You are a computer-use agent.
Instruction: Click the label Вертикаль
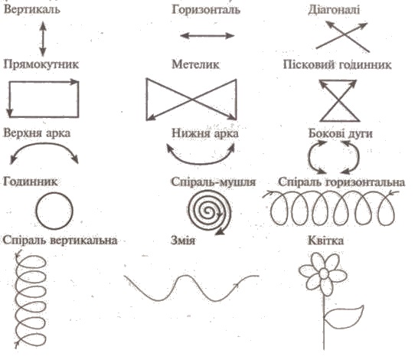pos(32,10)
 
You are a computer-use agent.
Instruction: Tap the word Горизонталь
pos(206,10)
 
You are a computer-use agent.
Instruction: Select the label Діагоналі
pos(334,10)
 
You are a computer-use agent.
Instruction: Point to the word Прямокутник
pos(41,64)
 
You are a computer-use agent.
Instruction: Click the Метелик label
pos(195,64)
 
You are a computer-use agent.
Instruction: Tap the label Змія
pos(183,241)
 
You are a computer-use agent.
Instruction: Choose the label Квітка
pos(326,241)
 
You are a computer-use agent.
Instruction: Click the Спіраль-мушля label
pos(214,182)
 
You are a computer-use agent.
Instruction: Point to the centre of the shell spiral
pos(208,212)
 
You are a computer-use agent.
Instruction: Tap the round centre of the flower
pos(324,273)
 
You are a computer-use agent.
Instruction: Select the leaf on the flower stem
pos(344,317)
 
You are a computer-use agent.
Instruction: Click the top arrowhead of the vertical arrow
pos(43,25)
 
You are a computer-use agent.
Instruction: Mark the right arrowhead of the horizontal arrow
pos(230,36)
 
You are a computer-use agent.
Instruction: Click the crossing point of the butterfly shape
pos(191,100)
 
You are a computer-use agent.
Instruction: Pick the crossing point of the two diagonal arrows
pos(345,34)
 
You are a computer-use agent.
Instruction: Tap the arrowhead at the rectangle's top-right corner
pos(75,82)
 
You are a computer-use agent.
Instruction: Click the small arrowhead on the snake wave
pos(236,286)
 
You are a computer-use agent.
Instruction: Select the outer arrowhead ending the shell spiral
pos(219,232)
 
